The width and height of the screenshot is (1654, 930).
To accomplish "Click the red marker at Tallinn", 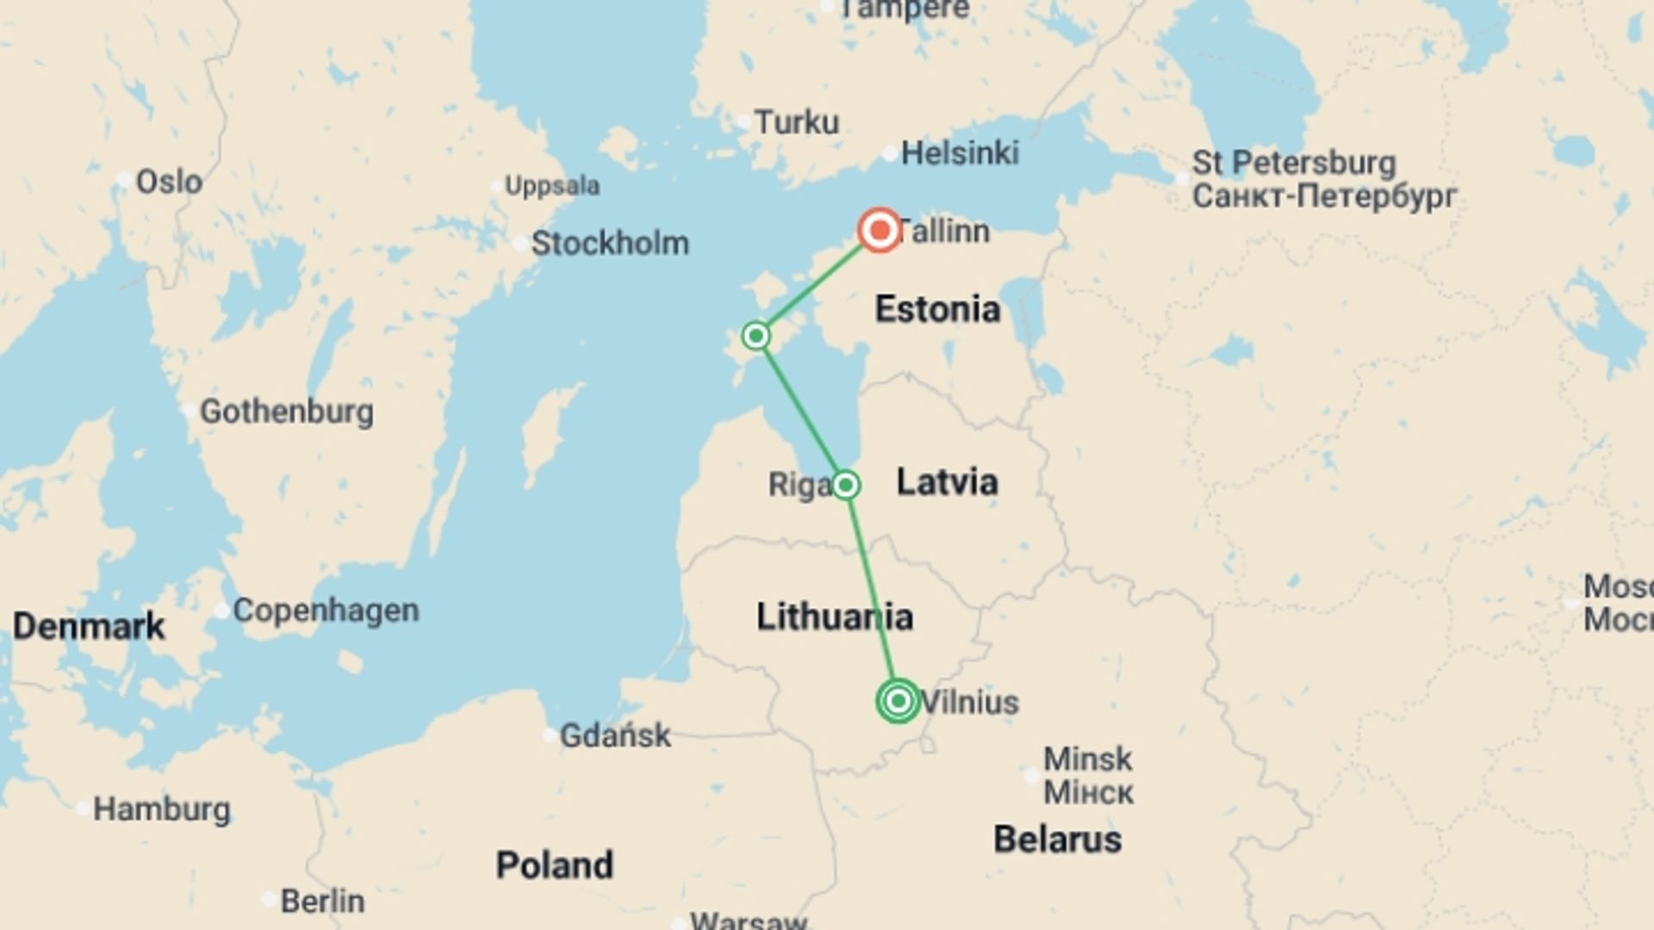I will pyautogui.click(x=880, y=231).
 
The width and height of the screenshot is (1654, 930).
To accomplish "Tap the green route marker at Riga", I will pyautogui.click(x=845, y=485).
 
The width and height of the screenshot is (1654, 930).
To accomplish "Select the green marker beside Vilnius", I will pyautogui.click(x=898, y=701).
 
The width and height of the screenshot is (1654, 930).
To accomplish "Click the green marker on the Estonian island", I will pyautogui.click(x=755, y=335).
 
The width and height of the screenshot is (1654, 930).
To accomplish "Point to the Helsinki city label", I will pyautogui.click(x=959, y=153).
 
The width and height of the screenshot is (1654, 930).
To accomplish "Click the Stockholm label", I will pyautogui.click(x=609, y=243).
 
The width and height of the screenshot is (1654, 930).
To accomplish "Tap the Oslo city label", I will pyautogui.click(x=169, y=182).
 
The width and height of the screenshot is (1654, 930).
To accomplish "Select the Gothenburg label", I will pyautogui.click(x=286, y=411).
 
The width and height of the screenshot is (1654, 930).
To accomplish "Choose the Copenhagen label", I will pyautogui.click(x=326, y=610).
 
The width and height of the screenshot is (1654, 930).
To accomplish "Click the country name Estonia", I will pyautogui.click(x=937, y=309).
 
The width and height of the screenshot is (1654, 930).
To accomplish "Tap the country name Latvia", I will pyautogui.click(x=947, y=481).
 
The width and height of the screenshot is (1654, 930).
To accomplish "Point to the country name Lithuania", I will pyautogui.click(x=834, y=617).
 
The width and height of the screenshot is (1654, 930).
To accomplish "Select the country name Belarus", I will pyautogui.click(x=1057, y=839).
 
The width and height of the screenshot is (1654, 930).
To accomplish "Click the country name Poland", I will pyautogui.click(x=554, y=865).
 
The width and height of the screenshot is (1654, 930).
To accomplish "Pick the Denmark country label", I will pyautogui.click(x=88, y=626).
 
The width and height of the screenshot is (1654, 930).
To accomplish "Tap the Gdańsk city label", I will pyautogui.click(x=614, y=735).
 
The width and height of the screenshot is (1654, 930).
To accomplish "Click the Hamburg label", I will pyautogui.click(x=161, y=809).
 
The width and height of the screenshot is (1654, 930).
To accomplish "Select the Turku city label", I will pyautogui.click(x=796, y=122).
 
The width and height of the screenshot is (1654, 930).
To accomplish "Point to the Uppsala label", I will pyautogui.click(x=551, y=186).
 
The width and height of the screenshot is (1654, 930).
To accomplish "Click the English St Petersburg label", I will pyautogui.click(x=1293, y=163).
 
